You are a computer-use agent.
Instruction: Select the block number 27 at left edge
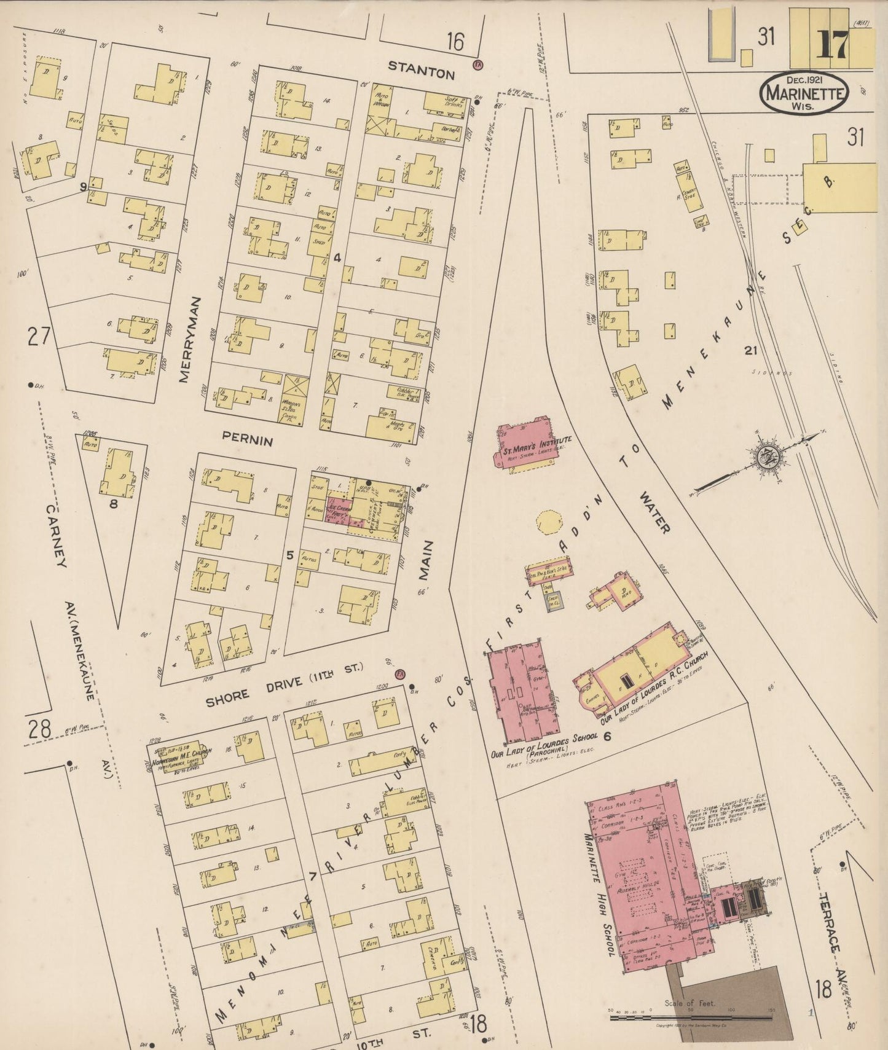(x=37, y=336)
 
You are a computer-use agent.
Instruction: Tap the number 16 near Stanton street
(x=455, y=42)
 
